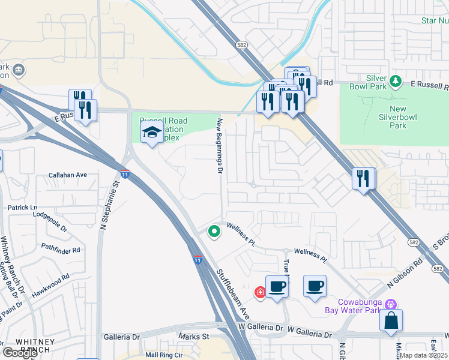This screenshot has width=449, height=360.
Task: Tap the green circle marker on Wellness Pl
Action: click(213, 231)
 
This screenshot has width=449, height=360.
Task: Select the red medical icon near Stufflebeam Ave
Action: click(260, 292)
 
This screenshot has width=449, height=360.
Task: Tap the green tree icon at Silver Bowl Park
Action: click(395, 81)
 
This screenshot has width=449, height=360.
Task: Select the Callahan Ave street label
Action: click(68, 175)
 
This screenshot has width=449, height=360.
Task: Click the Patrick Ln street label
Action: click(22, 207)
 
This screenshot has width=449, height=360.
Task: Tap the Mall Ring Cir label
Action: click(163, 355)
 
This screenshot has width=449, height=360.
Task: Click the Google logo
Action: click(20, 353)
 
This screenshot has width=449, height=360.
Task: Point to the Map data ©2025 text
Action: click(424, 355)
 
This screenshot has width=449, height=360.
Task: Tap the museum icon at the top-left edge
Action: click(19, 71)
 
